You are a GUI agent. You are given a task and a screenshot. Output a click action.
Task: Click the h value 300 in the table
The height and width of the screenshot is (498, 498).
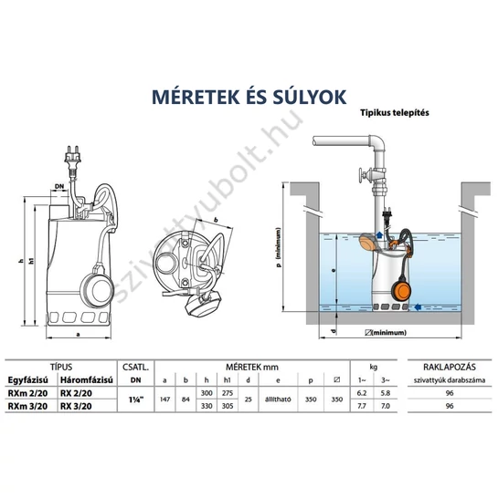207,392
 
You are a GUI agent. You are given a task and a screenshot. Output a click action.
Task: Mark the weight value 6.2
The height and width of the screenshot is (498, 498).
361,392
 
